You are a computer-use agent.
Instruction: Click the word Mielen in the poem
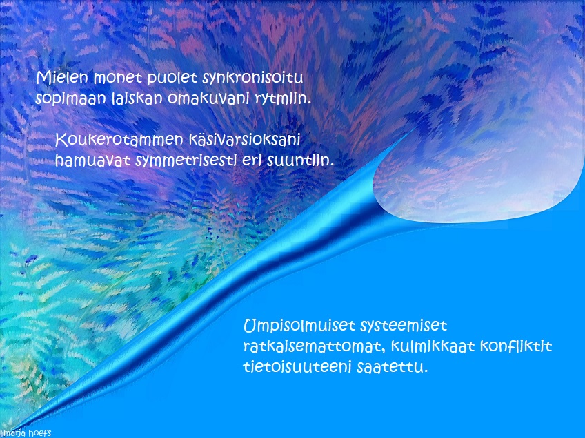(x=62, y=78)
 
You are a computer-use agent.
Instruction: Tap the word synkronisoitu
(x=252, y=79)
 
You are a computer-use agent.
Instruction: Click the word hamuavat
(x=93, y=161)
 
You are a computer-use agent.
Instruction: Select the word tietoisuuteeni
(x=297, y=367)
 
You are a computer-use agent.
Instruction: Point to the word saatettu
(x=392, y=367)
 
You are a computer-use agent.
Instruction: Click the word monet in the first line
(x=118, y=79)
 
